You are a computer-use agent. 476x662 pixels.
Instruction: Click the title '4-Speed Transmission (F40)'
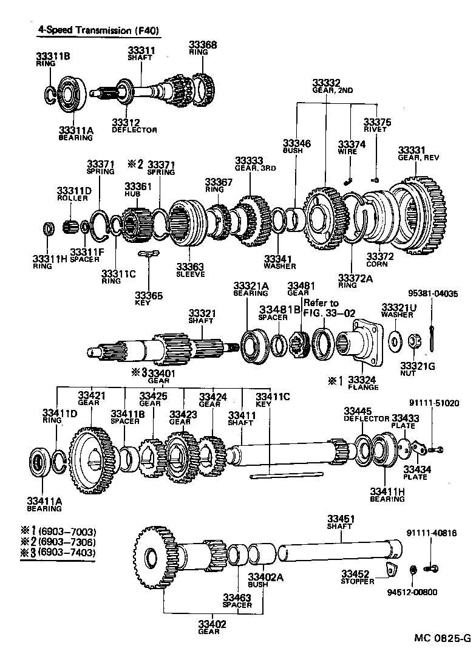point(91,29)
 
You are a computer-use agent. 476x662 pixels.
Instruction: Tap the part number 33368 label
point(202,44)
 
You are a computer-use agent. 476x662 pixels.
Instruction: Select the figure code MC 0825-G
point(442,638)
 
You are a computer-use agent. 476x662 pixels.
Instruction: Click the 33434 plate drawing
point(420,448)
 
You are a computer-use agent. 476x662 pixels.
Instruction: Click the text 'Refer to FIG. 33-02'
point(321,308)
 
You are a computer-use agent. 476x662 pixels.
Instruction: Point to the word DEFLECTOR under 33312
point(134,130)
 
